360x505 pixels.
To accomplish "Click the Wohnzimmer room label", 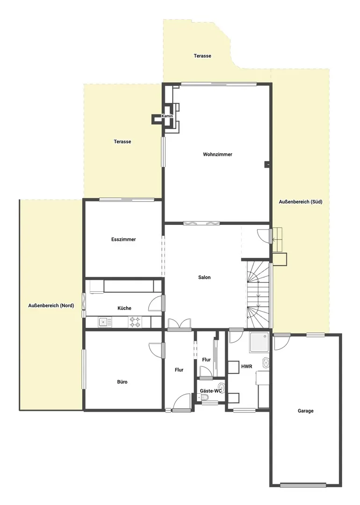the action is pos(217,154).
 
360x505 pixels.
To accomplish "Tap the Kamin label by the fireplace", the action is pos(167,116).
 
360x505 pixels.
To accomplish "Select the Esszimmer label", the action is pos(123,239).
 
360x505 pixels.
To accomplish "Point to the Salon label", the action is pos(204,277).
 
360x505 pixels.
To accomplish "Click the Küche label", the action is pos(124,308).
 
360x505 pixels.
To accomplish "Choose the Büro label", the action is pos(122,382).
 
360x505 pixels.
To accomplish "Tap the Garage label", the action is pos(305,411).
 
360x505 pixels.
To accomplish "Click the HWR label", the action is pos(247,366).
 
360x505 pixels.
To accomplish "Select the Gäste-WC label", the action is pos(211,390).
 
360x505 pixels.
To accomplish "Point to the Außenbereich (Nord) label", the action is pos(51,305).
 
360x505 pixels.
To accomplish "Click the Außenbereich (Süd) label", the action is pos(301,202).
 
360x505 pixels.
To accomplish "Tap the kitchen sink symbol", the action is pos(105,322).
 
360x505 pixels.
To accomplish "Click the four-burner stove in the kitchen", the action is pos(135,322).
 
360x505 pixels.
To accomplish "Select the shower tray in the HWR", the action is pos(259,342).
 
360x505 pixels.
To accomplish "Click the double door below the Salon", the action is pos(180,324).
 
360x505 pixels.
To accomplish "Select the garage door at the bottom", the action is pos(303,485).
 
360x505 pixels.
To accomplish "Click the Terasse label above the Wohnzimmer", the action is pos(202,56).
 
